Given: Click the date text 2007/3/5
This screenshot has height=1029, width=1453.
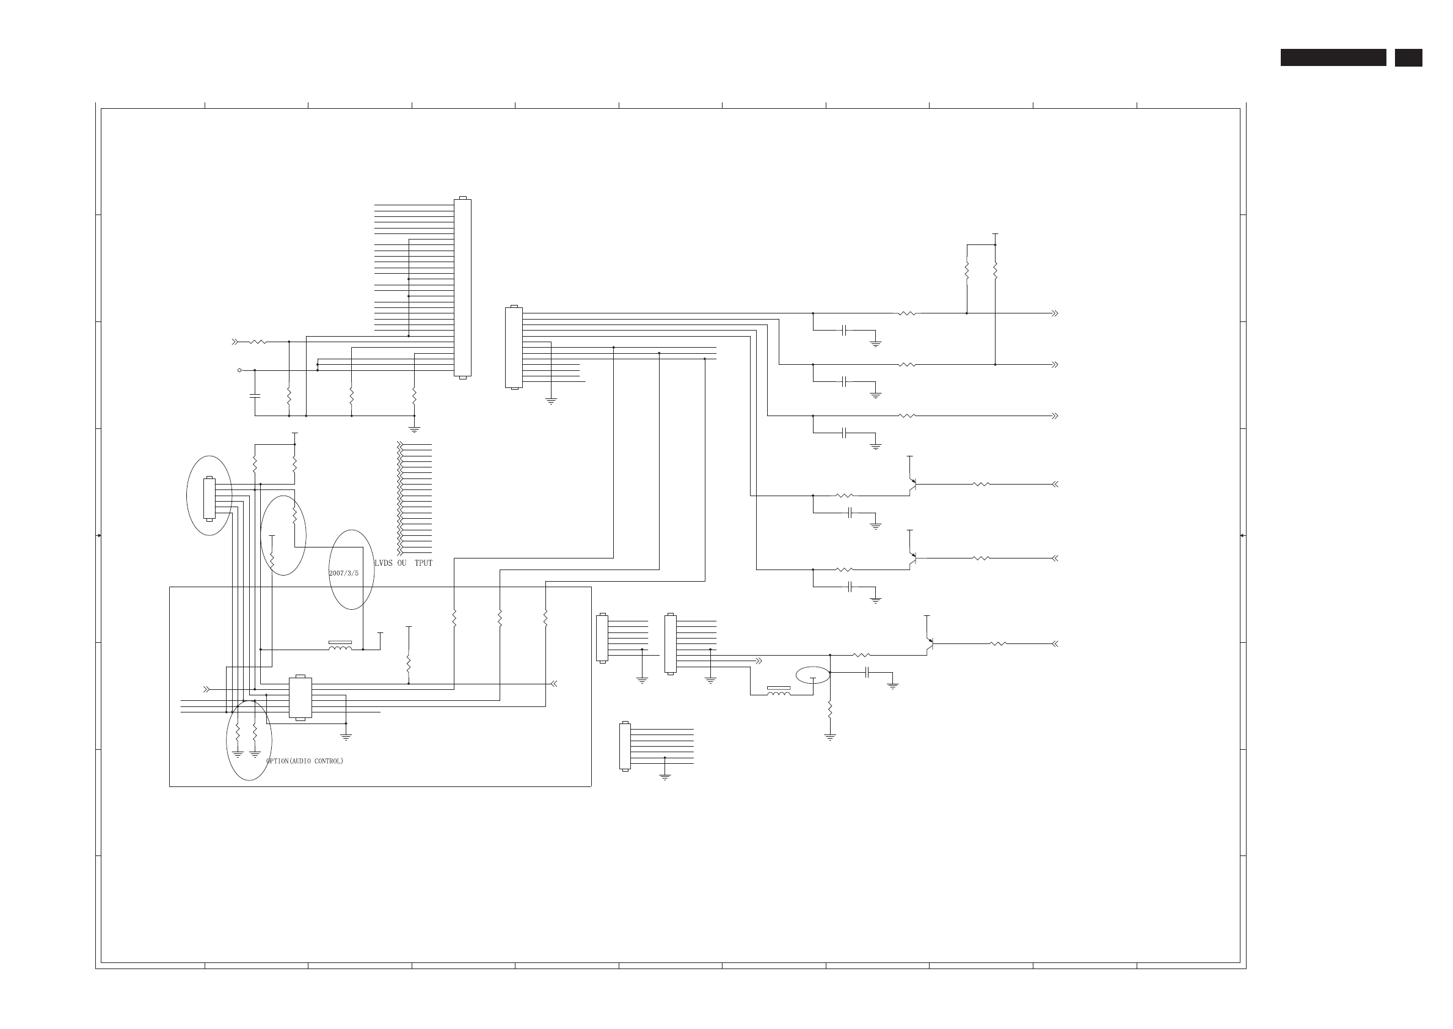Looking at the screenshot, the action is [343, 573].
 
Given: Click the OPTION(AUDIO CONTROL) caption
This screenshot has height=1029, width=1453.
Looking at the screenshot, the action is [305, 761].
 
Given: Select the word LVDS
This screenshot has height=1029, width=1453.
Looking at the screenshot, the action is [383, 563].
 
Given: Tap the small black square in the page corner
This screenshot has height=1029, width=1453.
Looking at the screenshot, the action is [1408, 57].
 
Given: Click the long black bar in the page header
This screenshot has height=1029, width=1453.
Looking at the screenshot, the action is [1333, 57].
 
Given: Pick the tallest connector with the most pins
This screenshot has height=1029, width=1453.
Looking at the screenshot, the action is [462, 288].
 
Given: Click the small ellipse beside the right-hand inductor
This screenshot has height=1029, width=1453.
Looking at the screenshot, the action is [813, 675].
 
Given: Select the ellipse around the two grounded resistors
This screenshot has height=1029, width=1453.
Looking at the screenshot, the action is [249, 740].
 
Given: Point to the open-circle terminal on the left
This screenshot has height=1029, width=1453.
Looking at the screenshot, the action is [239, 370].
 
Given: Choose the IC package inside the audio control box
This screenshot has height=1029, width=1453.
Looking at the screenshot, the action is [300, 698].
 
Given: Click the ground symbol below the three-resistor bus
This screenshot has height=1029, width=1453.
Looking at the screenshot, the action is [414, 429].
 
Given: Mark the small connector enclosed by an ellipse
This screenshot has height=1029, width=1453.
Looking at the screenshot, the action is [209, 498].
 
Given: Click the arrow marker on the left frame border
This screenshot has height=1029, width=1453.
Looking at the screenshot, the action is [99, 535].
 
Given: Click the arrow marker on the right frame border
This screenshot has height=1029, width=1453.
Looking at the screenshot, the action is [1242, 535].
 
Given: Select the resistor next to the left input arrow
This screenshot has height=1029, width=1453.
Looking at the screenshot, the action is [258, 342].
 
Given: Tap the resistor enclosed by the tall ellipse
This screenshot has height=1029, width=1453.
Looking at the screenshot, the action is [294, 515].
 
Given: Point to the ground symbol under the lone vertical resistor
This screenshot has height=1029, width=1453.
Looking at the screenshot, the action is [830, 737].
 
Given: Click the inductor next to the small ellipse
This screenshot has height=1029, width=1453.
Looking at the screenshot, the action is [779, 692].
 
